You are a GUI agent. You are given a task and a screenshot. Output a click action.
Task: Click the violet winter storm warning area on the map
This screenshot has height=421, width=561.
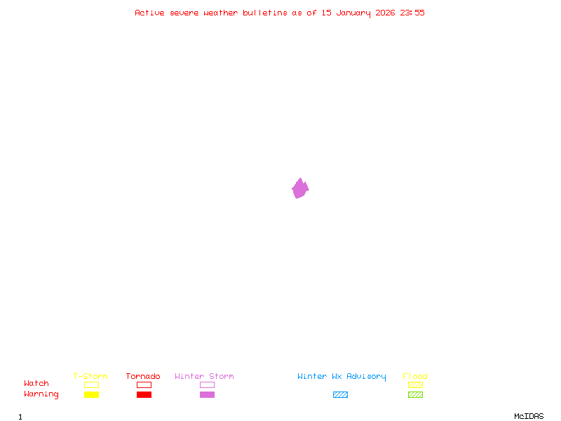pyautogui.click(x=300, y=188)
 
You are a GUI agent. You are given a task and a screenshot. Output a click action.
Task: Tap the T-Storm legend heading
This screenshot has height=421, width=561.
pyautogui.click(x=90, y=376)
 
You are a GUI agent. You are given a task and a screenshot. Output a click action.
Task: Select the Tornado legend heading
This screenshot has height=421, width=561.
pyautogui.click(x=143, y=376)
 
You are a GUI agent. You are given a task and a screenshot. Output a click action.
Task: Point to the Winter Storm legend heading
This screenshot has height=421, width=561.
pyautogui.click(x=204, y=376)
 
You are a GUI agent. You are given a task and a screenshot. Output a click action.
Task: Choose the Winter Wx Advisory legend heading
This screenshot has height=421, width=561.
pyautogui.click(x=342, y=376)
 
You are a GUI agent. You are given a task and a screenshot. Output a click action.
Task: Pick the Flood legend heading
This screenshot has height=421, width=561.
pyautogui.click(x=415, y=376)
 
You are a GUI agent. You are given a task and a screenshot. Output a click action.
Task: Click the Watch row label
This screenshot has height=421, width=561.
pyautogui.click(x=36, y=384)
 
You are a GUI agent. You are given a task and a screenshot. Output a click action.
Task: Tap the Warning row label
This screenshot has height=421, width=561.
pyautogui.click(x=41, y=394)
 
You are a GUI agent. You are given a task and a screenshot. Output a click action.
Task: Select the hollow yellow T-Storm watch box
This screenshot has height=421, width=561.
pyautogui.click(x=91, y=385)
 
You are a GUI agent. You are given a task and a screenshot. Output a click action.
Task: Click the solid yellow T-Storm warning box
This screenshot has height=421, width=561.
pyautogui.click(x=91, y=394)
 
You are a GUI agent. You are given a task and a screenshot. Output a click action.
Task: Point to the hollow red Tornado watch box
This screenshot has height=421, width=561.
pyautogui.click(x=144, y=385)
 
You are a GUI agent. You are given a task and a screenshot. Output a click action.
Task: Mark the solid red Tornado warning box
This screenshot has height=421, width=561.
pyautogui.click(x=144, y=394)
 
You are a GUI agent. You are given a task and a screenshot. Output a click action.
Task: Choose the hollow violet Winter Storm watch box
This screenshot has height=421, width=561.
pyautogui.click(x=207, y=385)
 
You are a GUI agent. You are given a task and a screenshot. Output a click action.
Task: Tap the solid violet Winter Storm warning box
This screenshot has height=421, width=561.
pyautogui.click(x=207, y=394)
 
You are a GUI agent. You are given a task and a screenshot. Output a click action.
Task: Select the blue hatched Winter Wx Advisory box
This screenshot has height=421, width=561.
pyautogui.click(x=340, y=394)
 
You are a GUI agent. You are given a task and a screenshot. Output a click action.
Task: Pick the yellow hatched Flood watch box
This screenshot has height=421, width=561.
pyautogui.click(x=415, y=385)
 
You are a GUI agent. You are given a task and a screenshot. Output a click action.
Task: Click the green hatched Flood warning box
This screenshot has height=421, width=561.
pyautogui.click(x=415, y=394)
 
